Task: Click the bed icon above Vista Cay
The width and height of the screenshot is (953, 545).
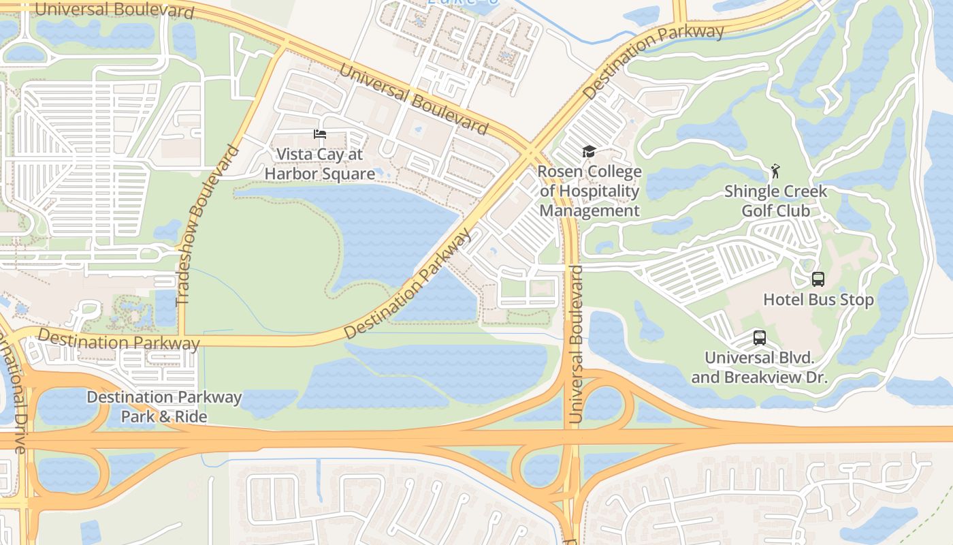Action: (x=319, y=134)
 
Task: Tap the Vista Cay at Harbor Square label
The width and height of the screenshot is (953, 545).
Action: (x=319, y=164)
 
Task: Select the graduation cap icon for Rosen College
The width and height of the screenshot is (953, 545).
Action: (x=589, y=152)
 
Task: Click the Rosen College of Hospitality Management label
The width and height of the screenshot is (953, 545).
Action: (x=589, y=191)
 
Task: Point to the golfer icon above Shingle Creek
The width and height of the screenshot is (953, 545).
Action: (x=775, y=170)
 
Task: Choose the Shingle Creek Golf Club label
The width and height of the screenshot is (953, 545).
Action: (x=775, y=200)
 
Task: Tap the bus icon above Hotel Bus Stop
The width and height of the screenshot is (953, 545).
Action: (x=818, y=279)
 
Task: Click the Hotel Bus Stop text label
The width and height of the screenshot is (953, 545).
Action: (x=818, y=300)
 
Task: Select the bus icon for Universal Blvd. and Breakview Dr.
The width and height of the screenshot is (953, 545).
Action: (x=759, y=337)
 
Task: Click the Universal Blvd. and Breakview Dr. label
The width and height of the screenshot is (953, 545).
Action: (x=759, y=367)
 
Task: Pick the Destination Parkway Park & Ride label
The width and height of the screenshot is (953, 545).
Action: (x=164, y=406)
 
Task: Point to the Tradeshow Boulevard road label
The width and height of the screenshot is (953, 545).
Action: (x=208, y=225)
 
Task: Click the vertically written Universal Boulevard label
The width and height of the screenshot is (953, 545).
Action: (x=576, y=345)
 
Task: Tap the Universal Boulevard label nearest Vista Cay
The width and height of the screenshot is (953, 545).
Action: (x=413, y=99)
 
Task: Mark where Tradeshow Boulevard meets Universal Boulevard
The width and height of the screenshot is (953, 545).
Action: (x=280, y=47)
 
